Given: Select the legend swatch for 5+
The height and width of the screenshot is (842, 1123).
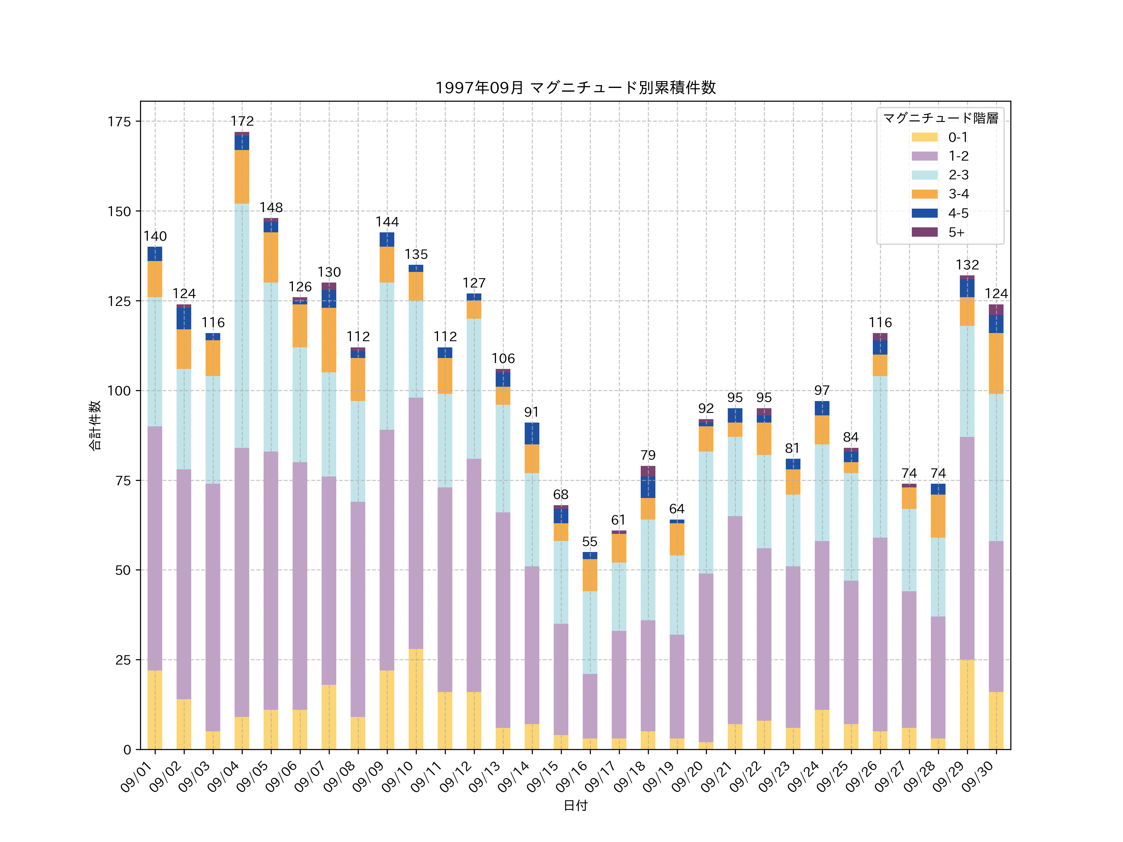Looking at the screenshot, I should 925,232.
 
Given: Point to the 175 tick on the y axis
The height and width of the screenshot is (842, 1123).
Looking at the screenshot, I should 119,122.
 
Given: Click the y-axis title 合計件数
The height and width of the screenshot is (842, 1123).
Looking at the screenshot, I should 95,425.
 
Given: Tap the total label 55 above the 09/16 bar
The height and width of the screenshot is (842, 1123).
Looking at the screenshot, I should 590,542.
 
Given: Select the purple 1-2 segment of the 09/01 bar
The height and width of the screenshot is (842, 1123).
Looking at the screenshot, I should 155,548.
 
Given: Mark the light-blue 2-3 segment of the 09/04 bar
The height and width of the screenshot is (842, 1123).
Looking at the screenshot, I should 242,325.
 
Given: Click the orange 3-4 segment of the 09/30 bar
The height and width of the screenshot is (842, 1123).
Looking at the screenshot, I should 996,363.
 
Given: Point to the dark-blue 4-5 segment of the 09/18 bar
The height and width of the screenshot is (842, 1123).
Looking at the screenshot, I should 648,487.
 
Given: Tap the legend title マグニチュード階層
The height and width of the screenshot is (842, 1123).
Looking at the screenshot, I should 940,118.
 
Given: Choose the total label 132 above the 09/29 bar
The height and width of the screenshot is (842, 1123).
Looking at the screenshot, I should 967,265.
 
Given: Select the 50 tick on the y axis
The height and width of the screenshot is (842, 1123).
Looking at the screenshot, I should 123,570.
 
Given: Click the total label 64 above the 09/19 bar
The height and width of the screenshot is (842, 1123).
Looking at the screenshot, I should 677,509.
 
